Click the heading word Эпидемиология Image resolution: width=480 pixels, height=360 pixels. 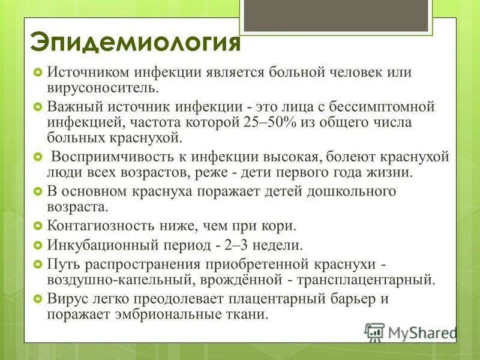pos(135,43)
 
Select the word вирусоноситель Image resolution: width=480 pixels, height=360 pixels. pos(103,88)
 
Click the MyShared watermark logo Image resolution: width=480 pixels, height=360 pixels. pos(411,332)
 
